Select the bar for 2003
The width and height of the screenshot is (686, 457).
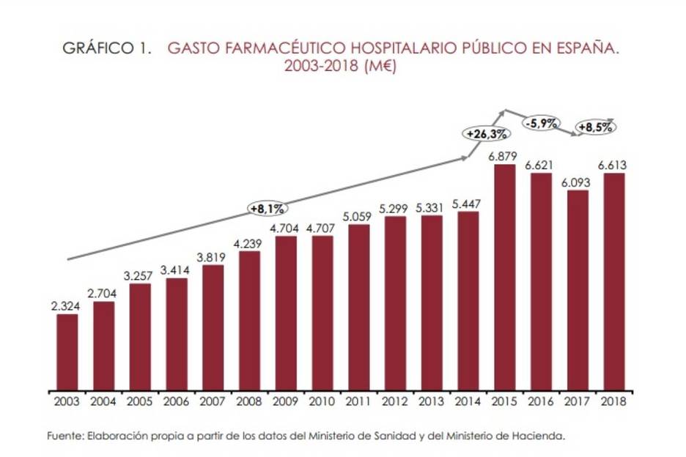point(67,352)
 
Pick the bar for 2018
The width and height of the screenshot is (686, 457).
point(614,281)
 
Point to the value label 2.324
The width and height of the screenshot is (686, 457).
point(67,306)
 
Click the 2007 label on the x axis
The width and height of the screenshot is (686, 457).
point(213,401)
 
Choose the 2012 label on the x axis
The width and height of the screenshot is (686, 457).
point(396,401)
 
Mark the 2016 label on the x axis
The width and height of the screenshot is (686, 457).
point(542,401)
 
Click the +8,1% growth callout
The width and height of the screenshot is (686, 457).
point(268,209)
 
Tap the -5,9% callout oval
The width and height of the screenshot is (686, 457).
point(542,123)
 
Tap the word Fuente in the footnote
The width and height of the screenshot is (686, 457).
point(64,435)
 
